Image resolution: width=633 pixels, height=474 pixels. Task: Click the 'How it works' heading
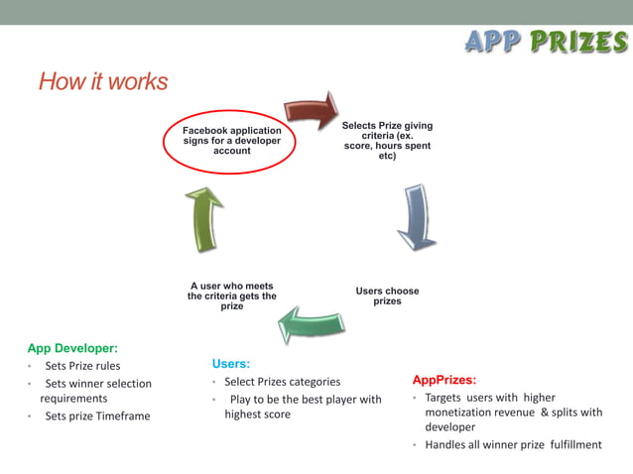103,81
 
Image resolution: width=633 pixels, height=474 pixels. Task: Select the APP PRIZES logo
546,42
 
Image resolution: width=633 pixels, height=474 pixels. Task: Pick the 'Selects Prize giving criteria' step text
387,141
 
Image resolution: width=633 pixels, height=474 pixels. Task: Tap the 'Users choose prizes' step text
387,296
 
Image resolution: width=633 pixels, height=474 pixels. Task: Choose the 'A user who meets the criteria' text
232,296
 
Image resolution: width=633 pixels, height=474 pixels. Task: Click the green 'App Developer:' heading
72,348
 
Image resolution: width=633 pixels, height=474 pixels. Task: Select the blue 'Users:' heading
231,364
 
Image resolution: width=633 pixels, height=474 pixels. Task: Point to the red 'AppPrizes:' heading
444,380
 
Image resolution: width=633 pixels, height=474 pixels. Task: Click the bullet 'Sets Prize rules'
82,366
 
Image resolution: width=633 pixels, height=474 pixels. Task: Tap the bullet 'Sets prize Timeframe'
97,416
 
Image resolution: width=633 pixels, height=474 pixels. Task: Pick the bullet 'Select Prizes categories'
282,382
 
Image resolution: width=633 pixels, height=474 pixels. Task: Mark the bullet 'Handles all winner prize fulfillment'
513,445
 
